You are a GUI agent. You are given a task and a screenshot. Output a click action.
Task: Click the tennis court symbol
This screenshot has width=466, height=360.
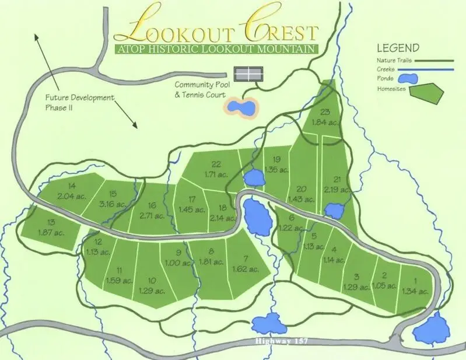(x=248, y=74)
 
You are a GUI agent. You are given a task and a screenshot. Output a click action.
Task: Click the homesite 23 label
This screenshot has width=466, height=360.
(x=325, y=117)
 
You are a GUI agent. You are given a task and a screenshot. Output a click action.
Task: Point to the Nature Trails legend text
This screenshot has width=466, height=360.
(x=395, y=60)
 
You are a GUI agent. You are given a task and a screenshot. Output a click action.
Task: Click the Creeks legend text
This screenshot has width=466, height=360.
(x=387, y=71)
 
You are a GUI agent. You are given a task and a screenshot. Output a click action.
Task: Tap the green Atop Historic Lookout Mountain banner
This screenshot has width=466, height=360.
(x=216, y=49)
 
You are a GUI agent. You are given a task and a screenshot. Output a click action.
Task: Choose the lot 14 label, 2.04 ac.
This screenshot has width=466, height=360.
(x=72, y=191)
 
